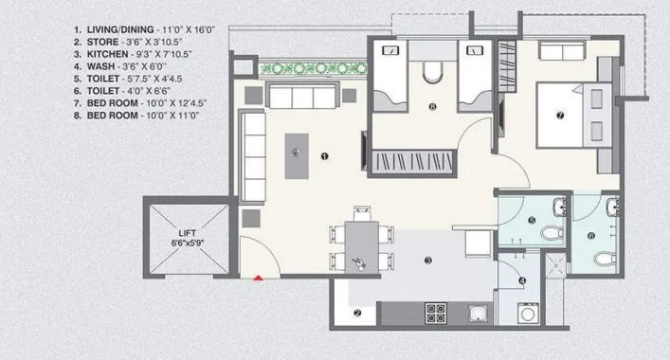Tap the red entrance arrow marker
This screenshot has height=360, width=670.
coord(257,278)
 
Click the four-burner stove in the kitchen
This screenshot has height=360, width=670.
coord(436,312)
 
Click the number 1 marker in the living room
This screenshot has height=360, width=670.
coord(324,155)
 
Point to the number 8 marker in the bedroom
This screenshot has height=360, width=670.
coord(432,108)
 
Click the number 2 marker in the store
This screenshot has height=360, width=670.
coord(357,314)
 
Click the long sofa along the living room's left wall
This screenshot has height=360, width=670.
coord(252,155)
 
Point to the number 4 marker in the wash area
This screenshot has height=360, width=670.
coord(521,279)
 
